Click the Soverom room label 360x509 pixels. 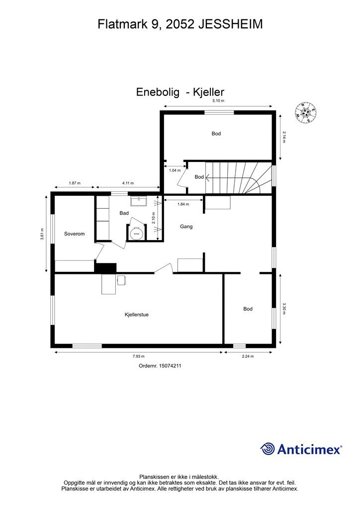[x=75, y=234]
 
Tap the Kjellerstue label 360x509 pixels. [x=137, y=315]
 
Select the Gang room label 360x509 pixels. [x=186, y=227]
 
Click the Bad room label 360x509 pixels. [x=124, y=213]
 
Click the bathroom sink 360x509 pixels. [x=139, y=201]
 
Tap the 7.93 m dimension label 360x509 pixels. [x=138, y=356]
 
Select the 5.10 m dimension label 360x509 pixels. [x=218, y=100]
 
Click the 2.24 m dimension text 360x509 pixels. [x=248, y=356]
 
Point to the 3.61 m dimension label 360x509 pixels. [x=42, y=234]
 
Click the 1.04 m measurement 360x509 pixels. [x=175, y=170]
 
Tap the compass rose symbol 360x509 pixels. [x=305, y=112]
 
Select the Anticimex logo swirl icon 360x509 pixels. [x=268, y=449]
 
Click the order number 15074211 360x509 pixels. [x=169, y=365]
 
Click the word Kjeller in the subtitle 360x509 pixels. [x=208, y=92]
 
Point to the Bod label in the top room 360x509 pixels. [x=216, y=133]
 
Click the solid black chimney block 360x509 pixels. [x=105, y=268]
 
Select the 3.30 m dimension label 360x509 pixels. [x=284, y=309]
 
